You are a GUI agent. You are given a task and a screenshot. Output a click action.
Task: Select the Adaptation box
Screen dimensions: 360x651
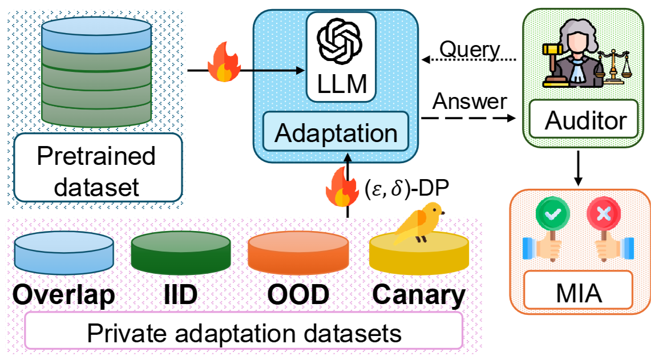click(335, 133)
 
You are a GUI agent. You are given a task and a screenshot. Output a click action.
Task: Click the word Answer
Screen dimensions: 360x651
click(469, 102)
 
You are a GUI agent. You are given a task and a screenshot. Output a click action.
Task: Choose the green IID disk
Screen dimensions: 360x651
click(181, 254)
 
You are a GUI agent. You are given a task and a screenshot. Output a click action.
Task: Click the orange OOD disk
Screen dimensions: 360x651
click(298, 254)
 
